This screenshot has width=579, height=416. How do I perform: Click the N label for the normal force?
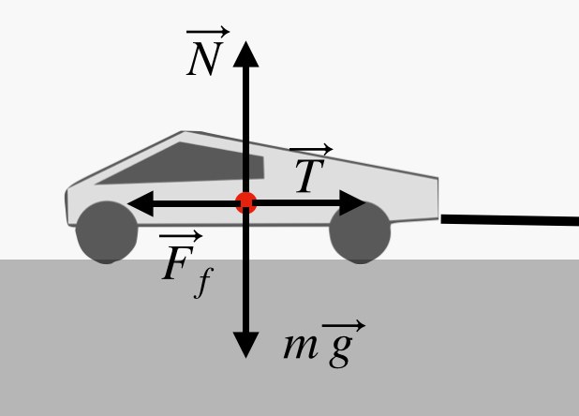(x=204, y=60)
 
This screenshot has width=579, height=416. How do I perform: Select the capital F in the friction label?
(x=177, y=265)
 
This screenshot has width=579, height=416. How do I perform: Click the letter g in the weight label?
(x=340, y=349)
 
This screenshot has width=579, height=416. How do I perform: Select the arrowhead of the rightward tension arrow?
(x=353, y=202)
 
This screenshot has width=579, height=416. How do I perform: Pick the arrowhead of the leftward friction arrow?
(x=139, y=202)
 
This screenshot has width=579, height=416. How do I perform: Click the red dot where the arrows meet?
(x=245, y=202)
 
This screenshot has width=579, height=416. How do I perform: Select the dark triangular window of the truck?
(x=187, y=165)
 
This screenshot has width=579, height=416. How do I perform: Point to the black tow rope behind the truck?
(x=511, y=221)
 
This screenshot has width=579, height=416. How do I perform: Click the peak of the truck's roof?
(x=186, y=133)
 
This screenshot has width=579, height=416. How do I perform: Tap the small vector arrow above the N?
(x=208, y=34)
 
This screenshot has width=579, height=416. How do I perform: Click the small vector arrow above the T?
(x=311, y=151)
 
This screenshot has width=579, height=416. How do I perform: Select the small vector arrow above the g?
(x=343, y=326)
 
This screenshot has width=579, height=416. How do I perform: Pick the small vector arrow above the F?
(x=180, y=238)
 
